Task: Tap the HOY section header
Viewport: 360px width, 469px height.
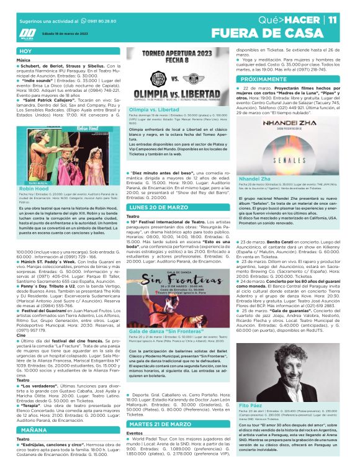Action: (25, 51)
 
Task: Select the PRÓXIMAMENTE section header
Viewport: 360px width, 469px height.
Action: (262, 81)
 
